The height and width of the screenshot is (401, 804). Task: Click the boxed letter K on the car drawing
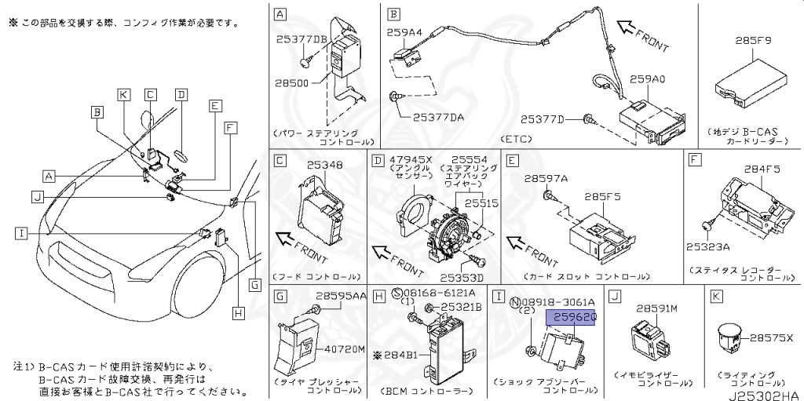click(123, 95)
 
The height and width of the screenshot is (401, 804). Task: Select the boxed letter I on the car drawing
click(21, 231)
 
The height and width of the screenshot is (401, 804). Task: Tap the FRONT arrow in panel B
click(642, 36)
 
